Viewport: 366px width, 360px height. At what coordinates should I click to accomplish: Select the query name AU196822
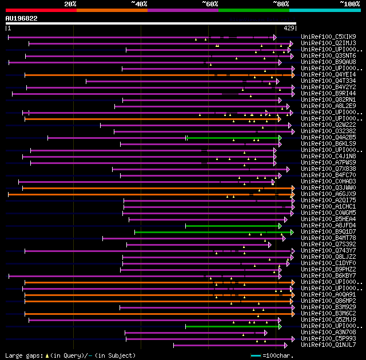(x=22, y=18)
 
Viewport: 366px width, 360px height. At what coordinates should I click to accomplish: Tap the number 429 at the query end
(x=289, y=27)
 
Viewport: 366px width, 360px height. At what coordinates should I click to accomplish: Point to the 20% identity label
(x=70, y=4)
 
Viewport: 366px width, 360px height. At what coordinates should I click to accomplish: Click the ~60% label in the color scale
(x=210, y=4)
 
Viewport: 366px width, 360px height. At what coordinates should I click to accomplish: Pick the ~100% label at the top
(x=350, y=4)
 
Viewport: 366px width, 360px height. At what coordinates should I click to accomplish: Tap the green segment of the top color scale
(x=253, y=10)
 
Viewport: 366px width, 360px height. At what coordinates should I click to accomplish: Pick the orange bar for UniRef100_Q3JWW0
(x=143, y=188)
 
